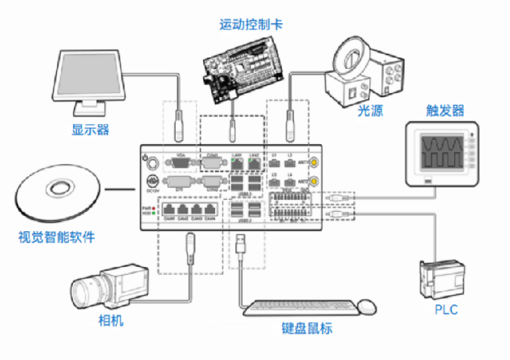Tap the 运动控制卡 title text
tap(250, 25)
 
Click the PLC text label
tap(446, 310)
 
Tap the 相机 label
tap(111, 320)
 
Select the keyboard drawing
tap(298, 308)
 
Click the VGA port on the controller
tap(180, 162)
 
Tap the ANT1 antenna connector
tap(312, 162)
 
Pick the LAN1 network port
tap(236, 163)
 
